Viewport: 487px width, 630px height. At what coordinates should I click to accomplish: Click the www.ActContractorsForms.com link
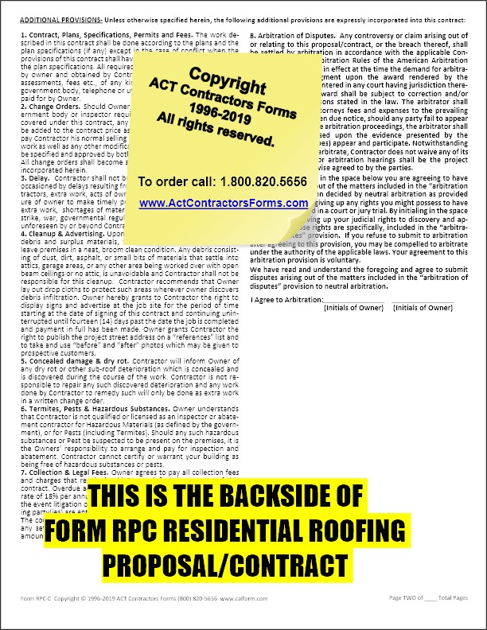pyautogui.click(x=223, y=204)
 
